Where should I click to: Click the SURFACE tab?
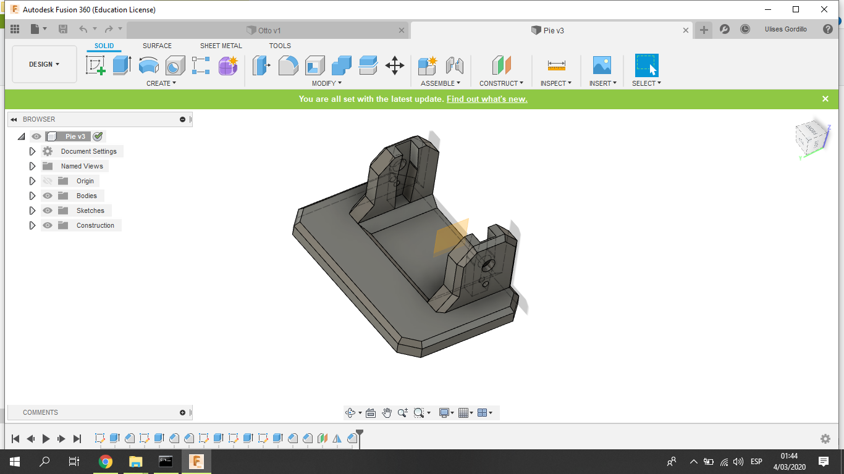[157, 46]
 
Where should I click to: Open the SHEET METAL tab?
[221, 46]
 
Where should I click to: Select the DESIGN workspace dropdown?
[44, 64]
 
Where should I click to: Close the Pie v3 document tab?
[685, 30]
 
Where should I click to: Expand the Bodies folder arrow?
[32, 196]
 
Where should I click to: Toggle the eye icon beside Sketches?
[47, 210]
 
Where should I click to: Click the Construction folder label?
[95, 225]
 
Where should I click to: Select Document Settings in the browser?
[89, 151]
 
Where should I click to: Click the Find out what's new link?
[487, 99]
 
